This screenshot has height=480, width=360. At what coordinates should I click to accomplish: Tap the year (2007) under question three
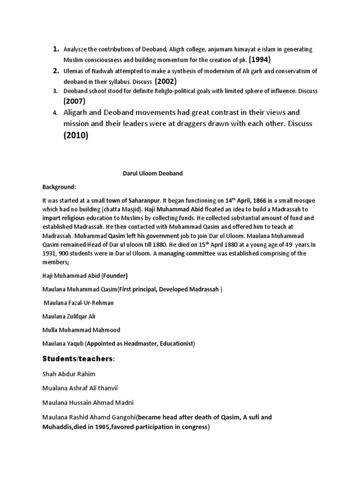[x=75, y=101]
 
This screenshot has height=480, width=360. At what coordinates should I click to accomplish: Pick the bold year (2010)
[x=76, y=136]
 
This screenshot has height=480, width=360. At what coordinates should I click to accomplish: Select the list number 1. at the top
[x=56, y=49]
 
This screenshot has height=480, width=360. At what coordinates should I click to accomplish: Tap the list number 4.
[x=55, y=113]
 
